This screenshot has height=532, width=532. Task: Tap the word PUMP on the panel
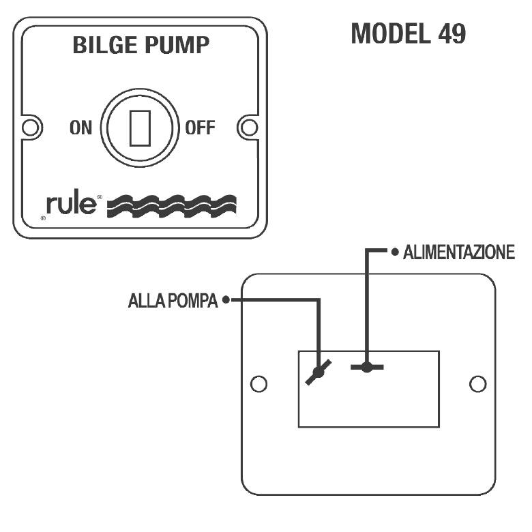pyautogui.click(x=177, y=45)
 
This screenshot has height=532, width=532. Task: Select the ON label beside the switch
pyautogui.click(x=80, y=128)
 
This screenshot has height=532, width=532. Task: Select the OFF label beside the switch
pyautogui.click(x=200, y=128)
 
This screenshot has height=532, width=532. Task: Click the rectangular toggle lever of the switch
pyautogui.click(x=140, y=128)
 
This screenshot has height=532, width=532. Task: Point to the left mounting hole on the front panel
pyautogui.click(x=31, y=128)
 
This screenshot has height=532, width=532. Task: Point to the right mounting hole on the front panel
pyautogui.click(x=250, y=128)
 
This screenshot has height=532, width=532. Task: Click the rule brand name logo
pyautogui.click(x=71, y=204)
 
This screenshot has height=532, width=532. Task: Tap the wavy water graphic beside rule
pyautogui.click(x=172, y=206)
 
